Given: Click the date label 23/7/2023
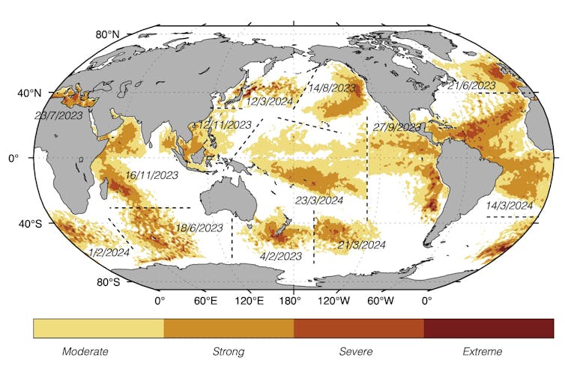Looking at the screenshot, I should [58, 116].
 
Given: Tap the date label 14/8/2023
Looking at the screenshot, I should [332, 88].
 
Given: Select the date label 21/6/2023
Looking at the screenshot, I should [472, 86].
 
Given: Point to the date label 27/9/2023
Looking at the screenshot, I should [396, 127].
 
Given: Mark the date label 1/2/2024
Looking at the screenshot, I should [109, 252].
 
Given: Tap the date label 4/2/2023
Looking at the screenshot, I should [280, 256].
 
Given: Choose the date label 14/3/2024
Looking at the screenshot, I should [509, 205].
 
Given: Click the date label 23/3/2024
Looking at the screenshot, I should [319, 201].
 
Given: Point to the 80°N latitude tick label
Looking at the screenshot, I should [107, 34].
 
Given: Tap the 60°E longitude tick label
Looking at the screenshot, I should [205, 301].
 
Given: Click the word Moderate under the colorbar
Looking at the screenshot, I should [85, 351].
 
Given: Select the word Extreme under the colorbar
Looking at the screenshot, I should [483, 351].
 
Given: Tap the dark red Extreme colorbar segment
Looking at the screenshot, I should [489, 329].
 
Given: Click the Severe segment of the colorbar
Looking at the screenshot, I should [358, 329].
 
